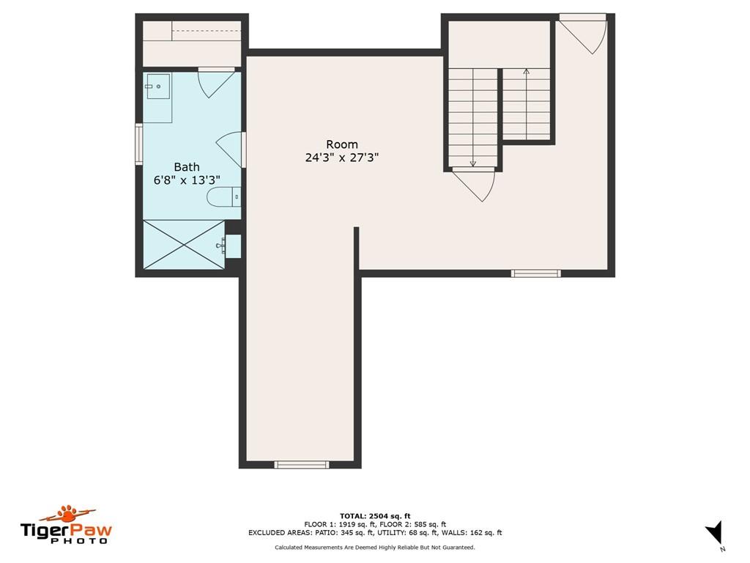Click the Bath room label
coord(186,167)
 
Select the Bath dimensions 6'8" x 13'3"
coord(186,180)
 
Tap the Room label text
coord(341,144)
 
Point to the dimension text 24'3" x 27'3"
coord(341,157)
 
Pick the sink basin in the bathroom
coord(157,87)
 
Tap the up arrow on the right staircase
coord(526,72)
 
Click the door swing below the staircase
coord(476,185)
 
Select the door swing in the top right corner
coord(586,34)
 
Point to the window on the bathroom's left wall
coord(138,144)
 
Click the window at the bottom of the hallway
coord(301,464)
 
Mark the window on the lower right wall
coord(535,273)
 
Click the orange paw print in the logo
coord(68,511)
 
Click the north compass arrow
coord(714,531)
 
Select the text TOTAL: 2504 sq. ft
coord(374,516)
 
